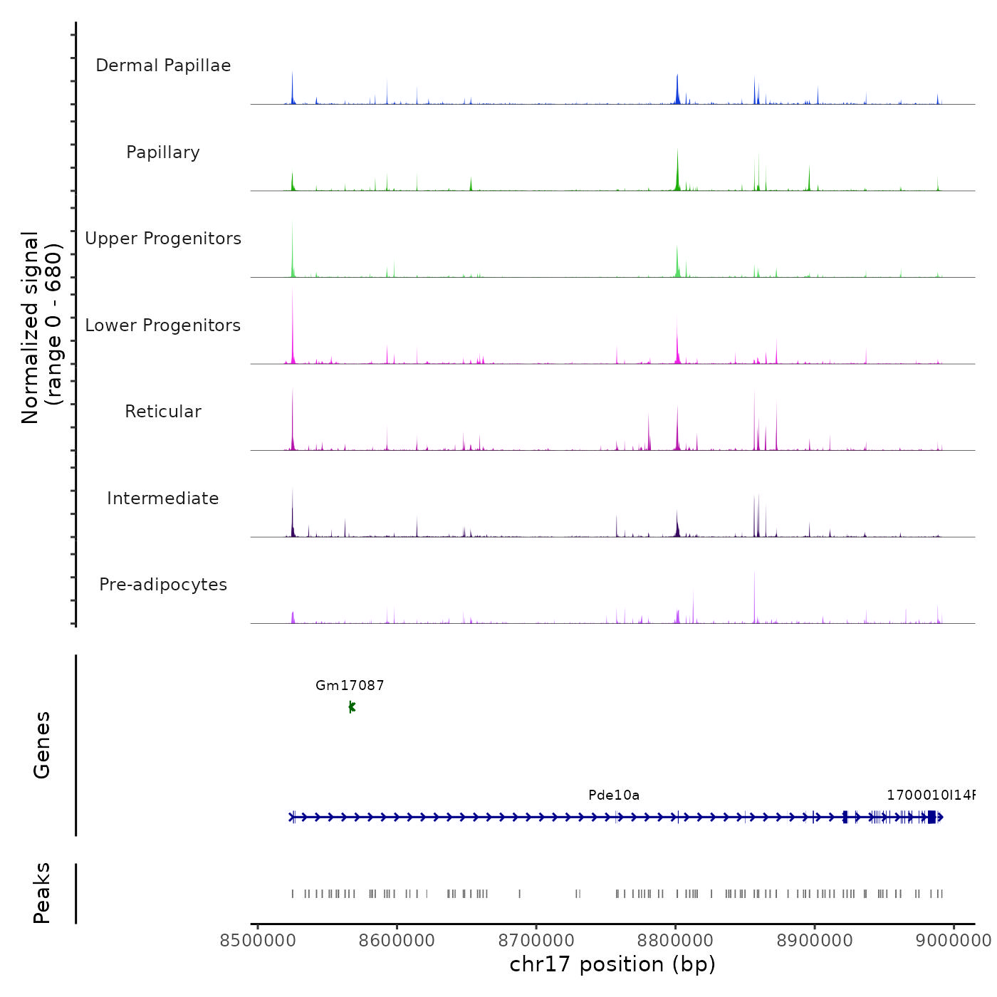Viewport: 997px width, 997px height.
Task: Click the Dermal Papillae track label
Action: pyautogui.click(x=163, y=66)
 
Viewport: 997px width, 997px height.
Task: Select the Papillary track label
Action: pyautogui.click(x=163, y=152)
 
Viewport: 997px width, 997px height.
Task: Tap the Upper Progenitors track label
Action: pyautogui.click(x=163, y=239)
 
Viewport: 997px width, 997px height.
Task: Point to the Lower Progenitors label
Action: pyautogui.click(x=163, y=325)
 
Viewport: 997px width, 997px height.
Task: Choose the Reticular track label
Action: pyautogui.click(x=163, y=412)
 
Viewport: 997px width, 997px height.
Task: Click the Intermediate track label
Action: pyautogui.click(x=163, y=499)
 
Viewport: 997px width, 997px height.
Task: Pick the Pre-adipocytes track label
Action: pyautogui.click(x=163, y=585)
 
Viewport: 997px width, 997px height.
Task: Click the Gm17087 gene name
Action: pyautogui.click(x=350, y=686)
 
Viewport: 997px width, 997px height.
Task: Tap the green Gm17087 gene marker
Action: pyautogui.click(x=352, y=706)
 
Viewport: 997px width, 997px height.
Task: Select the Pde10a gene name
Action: pyautogui.click(x=614, y=795)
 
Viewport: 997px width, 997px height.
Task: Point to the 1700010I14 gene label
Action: pyautogui.click(x=930, y=795)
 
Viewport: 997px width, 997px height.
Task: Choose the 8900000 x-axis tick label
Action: pyautogui.click(x=815, y=941)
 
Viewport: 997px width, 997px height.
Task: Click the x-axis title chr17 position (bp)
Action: pyautogui.click(x=612, y=964)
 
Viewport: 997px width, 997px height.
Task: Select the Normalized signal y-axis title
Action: pyautogui.click(x=41, y=328)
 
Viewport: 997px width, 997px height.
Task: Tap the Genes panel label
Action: pyautogui.click(x=42, y=745)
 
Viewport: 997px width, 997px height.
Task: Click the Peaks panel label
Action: pyautogui.click(x=42, y=893)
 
